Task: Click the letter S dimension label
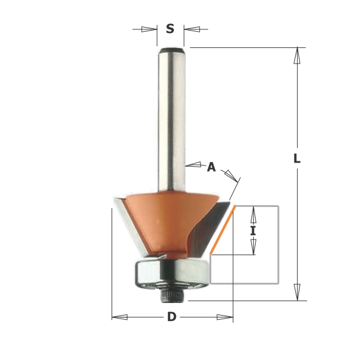click(170, 29)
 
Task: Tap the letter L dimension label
click(297, 158)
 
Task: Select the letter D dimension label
click(172, 317)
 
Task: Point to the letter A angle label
click(211, 167)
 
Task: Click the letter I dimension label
click(253, 231)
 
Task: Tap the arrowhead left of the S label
click(149, 29)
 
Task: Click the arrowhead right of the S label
click(191, 29)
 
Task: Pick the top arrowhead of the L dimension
click(297, 55)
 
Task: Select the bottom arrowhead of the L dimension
click(297, 292)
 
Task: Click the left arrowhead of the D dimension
click(119, 317)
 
